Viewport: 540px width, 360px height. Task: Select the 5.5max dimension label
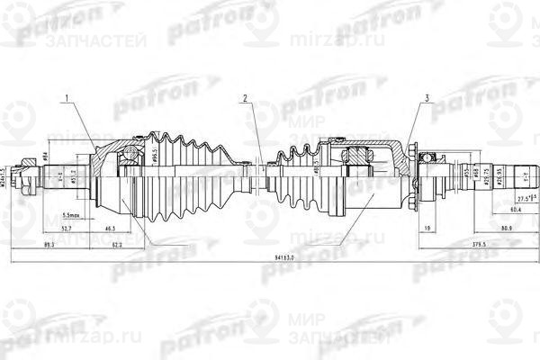(75, 216)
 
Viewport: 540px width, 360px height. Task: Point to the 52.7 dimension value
(67, 230)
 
